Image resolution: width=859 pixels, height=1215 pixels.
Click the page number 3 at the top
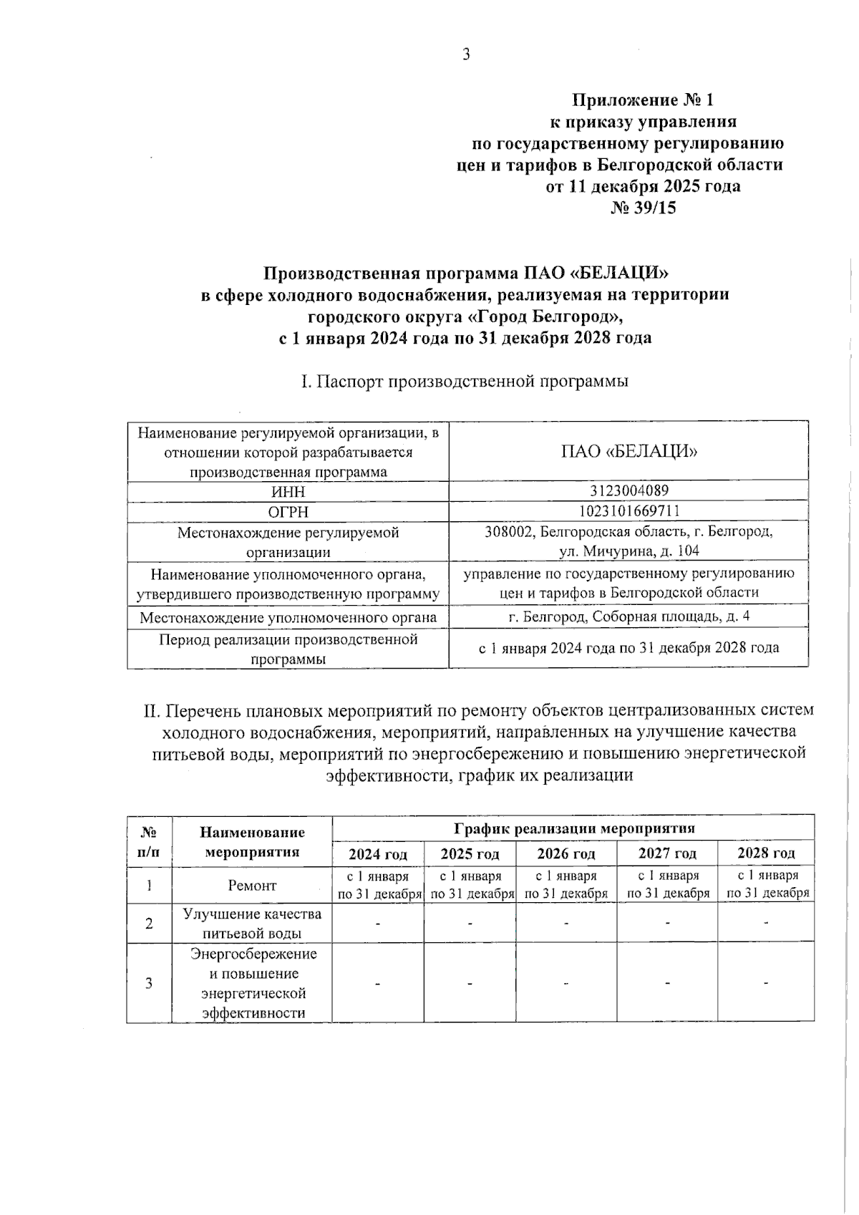466,54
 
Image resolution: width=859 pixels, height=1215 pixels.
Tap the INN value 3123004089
629,491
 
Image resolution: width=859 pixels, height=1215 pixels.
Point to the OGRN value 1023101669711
629,511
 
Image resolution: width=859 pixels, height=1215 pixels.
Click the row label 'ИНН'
288,492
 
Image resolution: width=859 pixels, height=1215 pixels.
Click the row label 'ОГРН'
288,512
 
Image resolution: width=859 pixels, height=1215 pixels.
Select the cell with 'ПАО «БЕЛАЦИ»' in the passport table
629,452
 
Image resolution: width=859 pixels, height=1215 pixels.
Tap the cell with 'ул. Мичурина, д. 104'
629,551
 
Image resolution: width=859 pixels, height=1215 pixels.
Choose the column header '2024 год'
377,854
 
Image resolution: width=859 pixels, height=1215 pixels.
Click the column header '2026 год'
566,854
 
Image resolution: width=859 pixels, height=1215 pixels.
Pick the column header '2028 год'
766,853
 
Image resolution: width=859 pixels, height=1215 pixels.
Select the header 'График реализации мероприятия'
573,828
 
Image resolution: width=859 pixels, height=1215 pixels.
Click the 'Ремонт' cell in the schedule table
252,886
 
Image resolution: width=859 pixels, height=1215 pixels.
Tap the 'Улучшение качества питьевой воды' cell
252,924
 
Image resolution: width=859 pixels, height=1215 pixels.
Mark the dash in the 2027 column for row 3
666,983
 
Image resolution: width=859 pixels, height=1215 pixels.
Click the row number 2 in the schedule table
149,924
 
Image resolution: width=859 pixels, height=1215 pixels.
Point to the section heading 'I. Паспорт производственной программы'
465,382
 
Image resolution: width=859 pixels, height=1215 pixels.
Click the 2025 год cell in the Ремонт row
470,885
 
